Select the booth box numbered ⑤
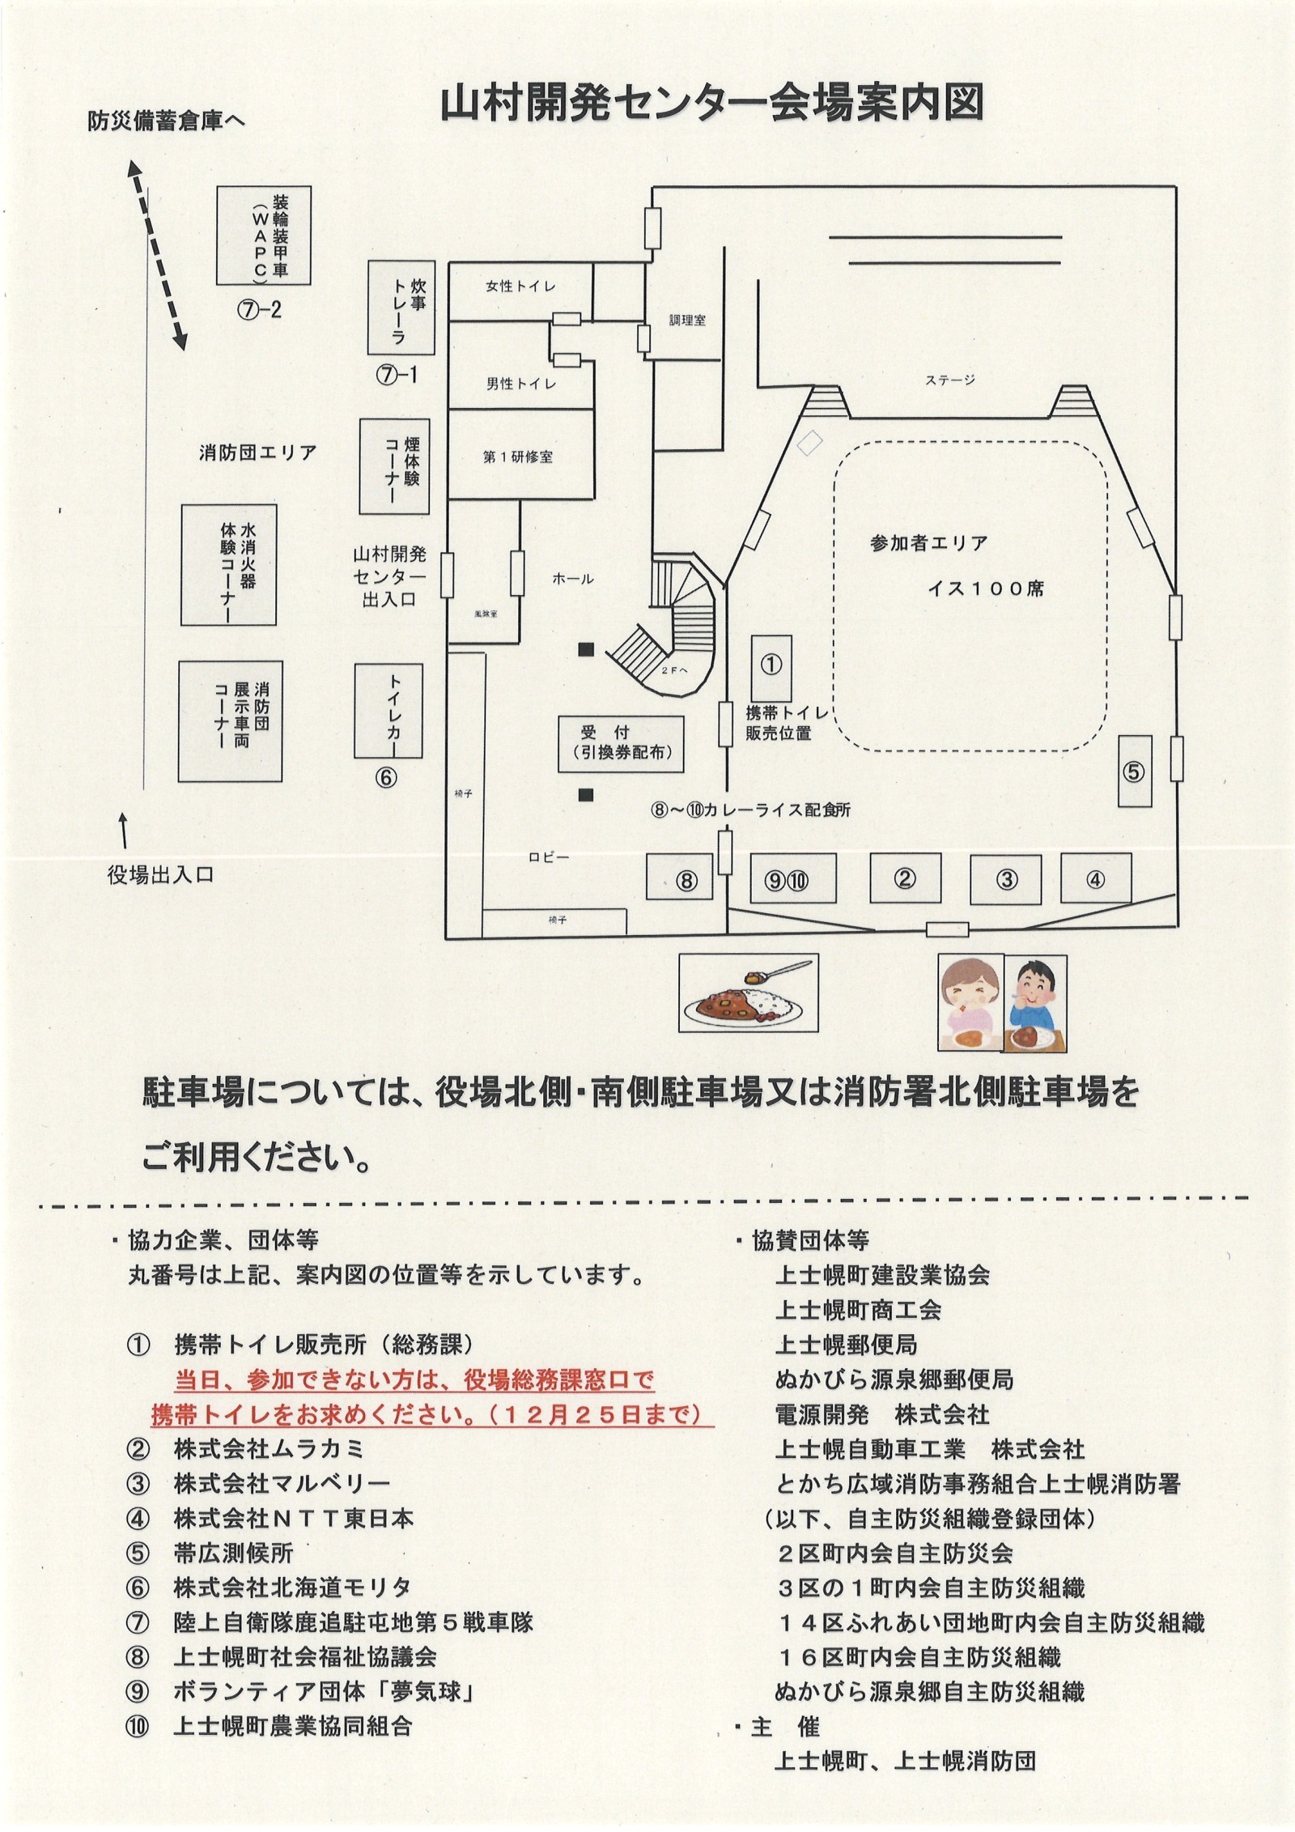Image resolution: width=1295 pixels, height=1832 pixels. pyautogui.click(x=1134, y=771)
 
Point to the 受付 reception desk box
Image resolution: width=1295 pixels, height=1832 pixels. pyautogui.click(x=621, y=743)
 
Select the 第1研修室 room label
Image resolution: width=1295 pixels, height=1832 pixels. pyautogui.click(x=518, y=457)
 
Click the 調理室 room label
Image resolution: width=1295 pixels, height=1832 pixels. pyautogui.click(x=687, y=321)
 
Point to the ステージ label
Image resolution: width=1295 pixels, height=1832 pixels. pyautogui.click(x=950, y=380)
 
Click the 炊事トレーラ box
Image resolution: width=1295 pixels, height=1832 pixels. pyautogui.click(x=401, y=308)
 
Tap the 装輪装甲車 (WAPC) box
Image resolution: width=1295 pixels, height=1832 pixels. pyautogui.click(x=264, y=235)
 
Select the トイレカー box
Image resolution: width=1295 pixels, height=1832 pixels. pyautogui.click(x=389, y=711)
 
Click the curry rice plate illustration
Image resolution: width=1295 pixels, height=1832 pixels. pyautogui.click(x=749, y=993)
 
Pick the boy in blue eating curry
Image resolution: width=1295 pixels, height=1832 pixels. pyautogui.click(x=1035, y=1004)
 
